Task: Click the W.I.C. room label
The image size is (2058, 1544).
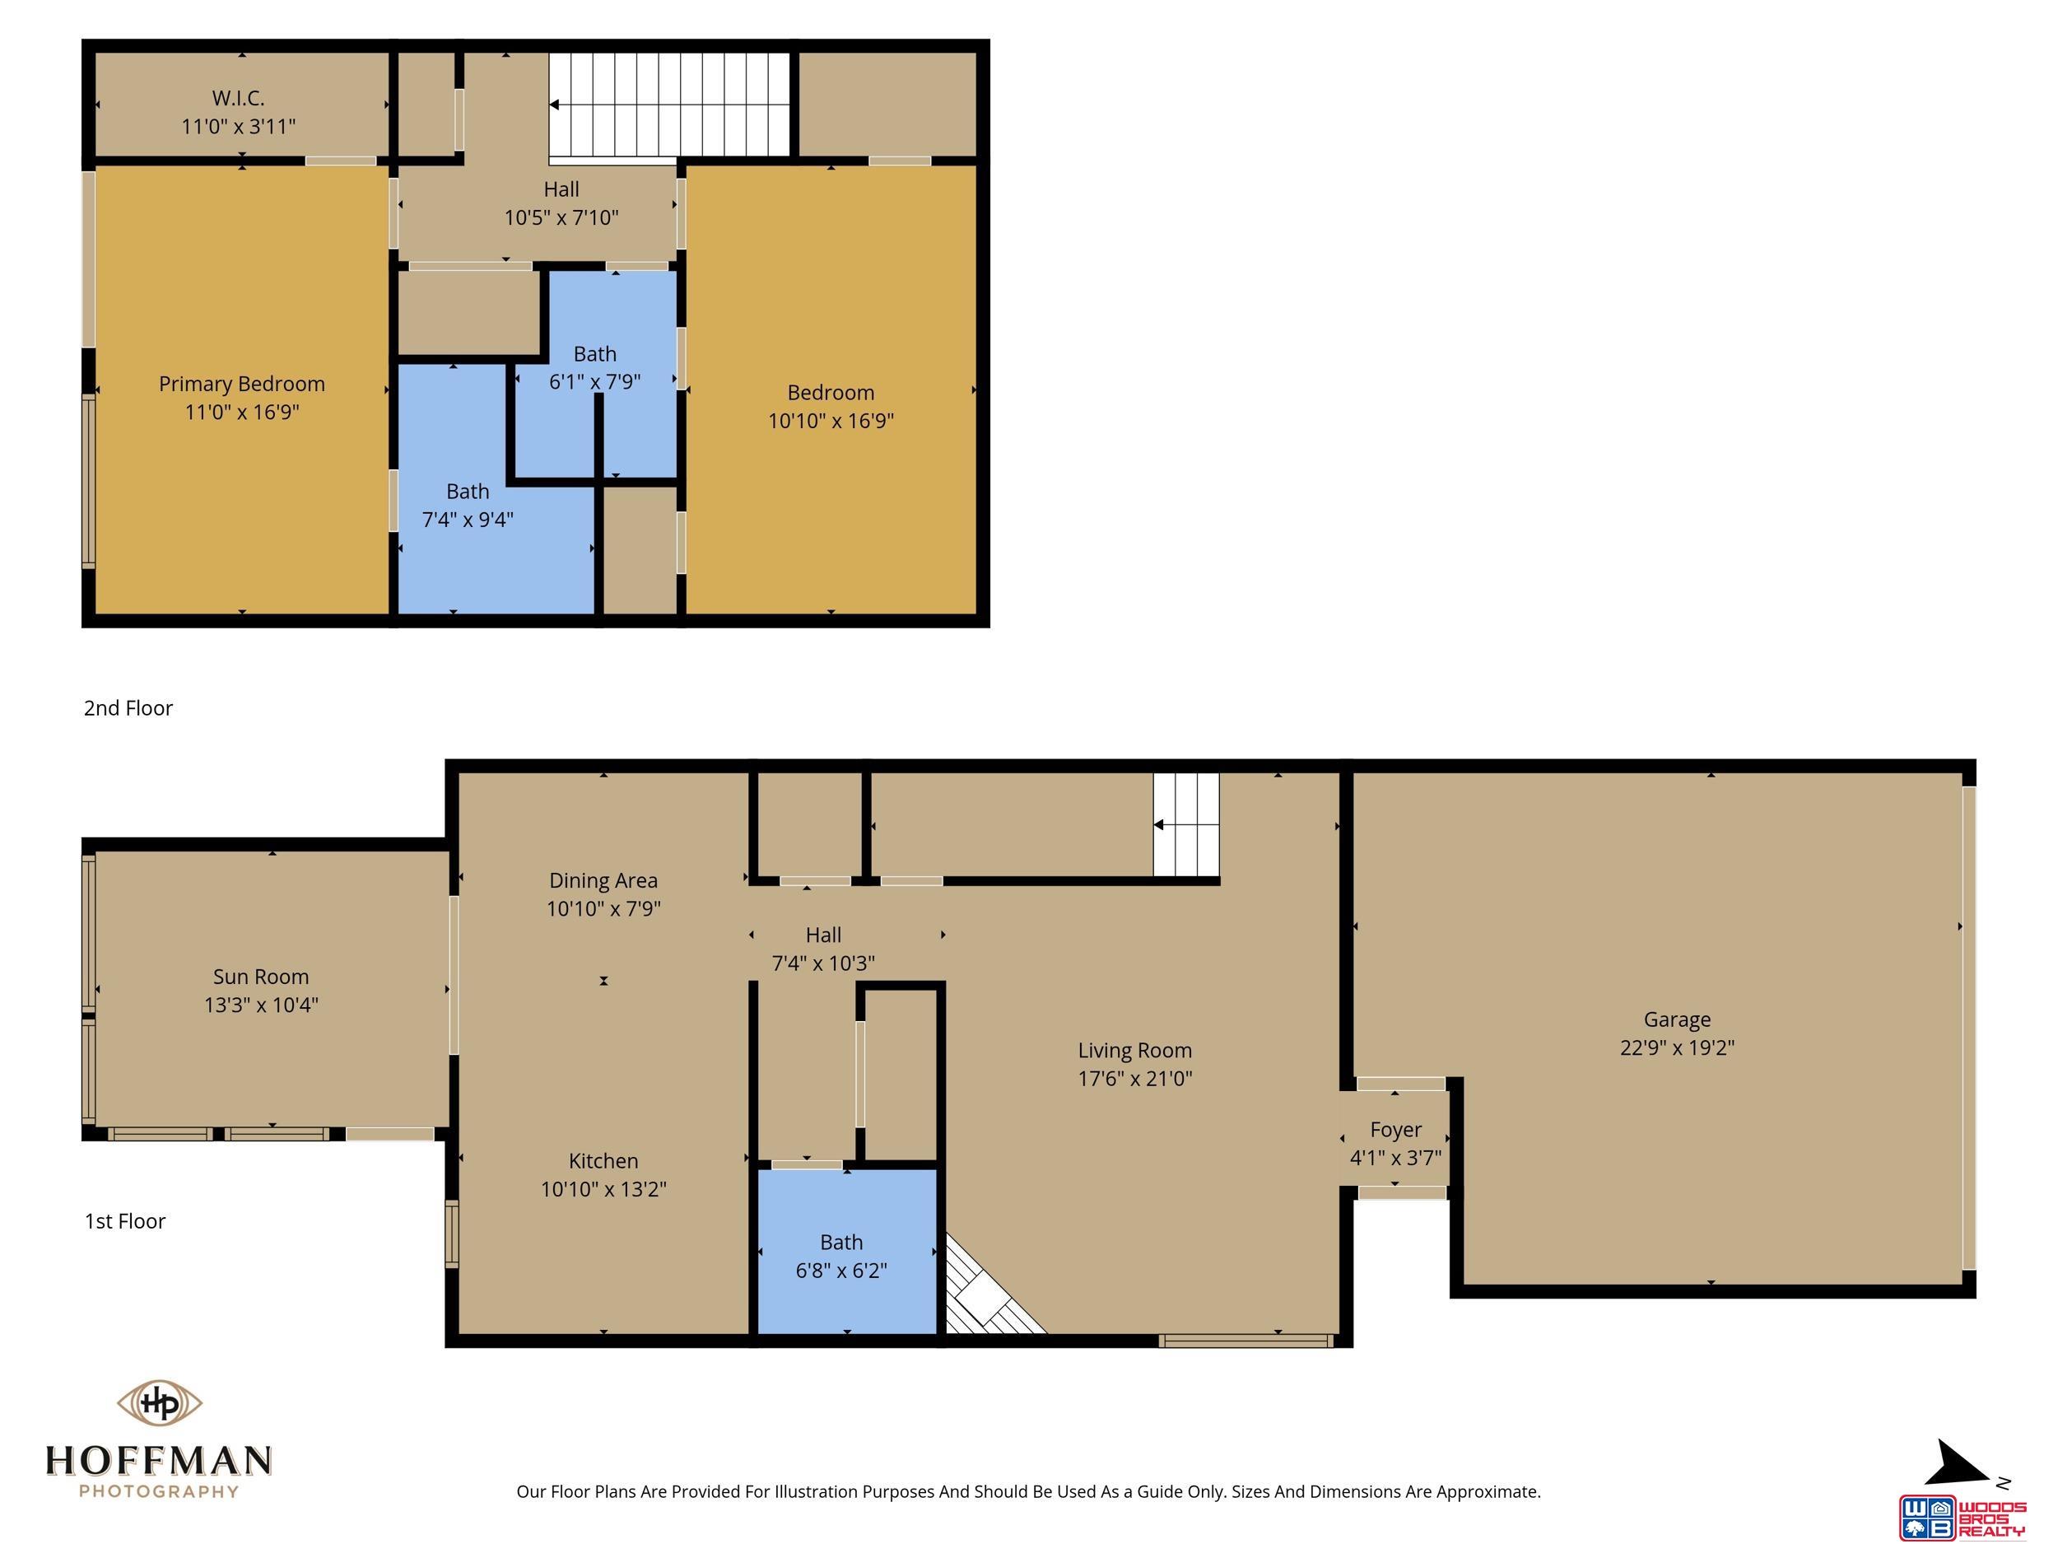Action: pyautogui.click(x=238, y=98)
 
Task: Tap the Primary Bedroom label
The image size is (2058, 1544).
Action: pyautogui.click(x=242, y=384)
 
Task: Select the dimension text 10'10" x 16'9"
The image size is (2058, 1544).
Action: pyautogui.click(x=831, y=421)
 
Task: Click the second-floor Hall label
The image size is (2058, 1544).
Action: pyautogui.click(x=561, y=189)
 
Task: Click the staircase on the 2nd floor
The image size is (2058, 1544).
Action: pyautogui.click(x=669, y=105)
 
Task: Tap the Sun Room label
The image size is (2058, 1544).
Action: pyautogui.click(x=260, y=977)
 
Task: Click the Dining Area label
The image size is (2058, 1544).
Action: pyautogui.click(x=603, y=880)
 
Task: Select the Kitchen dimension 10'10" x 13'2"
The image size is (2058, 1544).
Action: pyautogui.click(x=603, y=1189)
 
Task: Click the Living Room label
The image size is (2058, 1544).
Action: pyautogui.click(x=1135, y=1050)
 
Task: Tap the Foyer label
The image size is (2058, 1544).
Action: pyautogui.click(x=1395, y=1129)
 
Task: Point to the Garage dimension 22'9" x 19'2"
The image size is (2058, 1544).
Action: pyautogui.click(x=1678, y=1047)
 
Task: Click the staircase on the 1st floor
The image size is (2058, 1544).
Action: pyautogui.click(x=1186, y=824)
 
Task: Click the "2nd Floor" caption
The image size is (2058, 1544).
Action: pyautogui.click(x=128, y=708)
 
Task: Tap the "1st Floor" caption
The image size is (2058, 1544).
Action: pyautogui.click(x=124, y=1221)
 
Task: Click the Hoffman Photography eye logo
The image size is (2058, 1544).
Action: pyautogui.click(x=159, y=1402)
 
